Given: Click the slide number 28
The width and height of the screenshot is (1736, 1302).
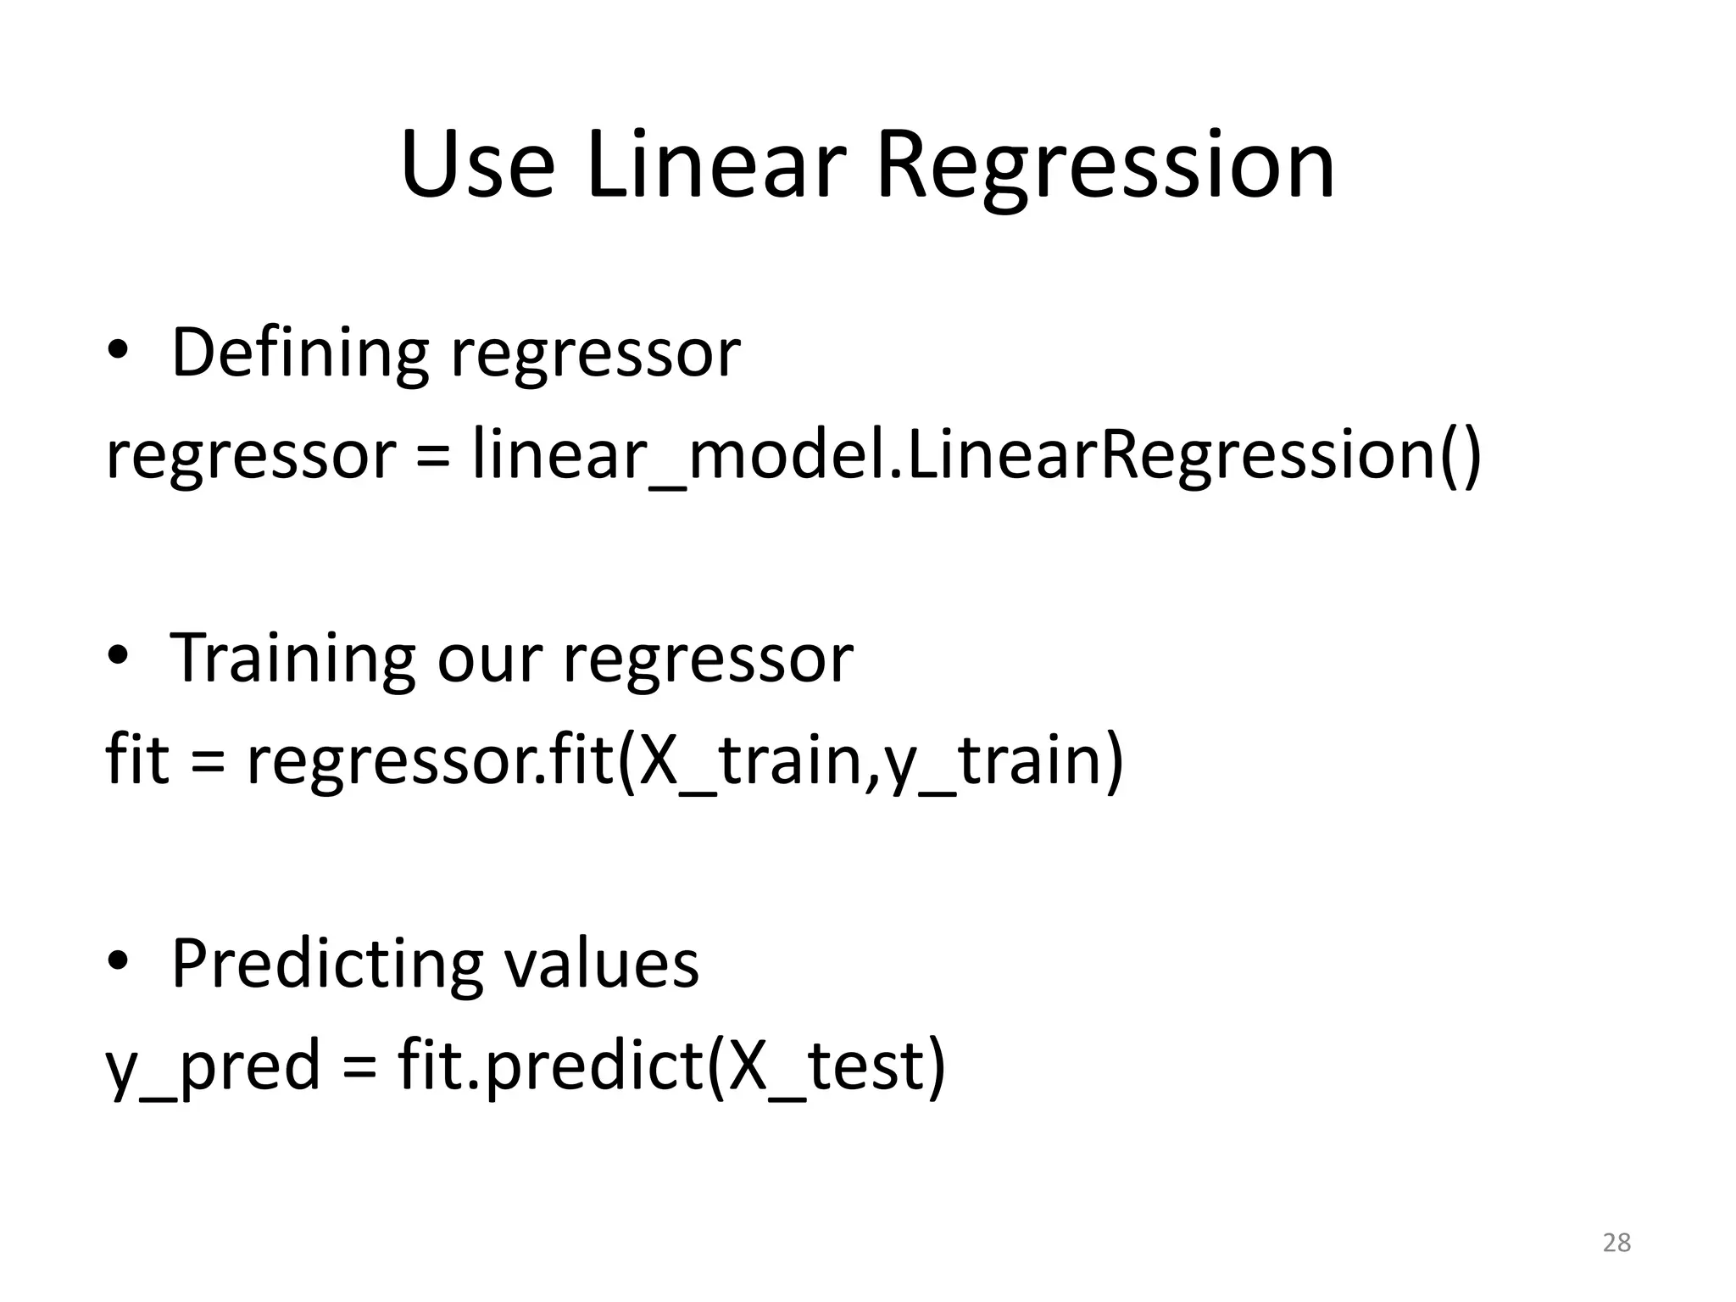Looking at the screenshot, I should click(x=1616, y=1243).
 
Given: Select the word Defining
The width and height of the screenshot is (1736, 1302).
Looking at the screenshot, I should click(x=300, y=353).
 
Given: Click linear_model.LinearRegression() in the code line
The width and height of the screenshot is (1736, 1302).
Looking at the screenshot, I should click(x=976, y=455).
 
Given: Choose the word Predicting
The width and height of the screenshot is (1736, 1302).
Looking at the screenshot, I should click(x=327, y=966).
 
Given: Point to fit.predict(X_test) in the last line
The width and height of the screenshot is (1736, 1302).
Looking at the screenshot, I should click(x=671, y=1066).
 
